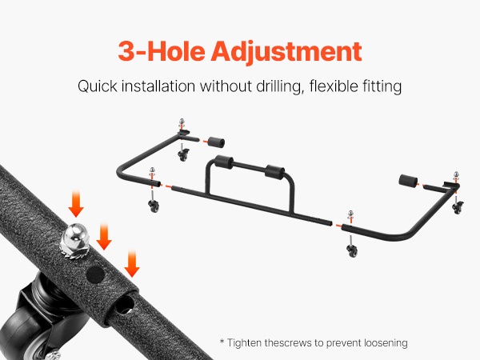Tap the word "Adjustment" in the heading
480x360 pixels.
[x=286, y=52]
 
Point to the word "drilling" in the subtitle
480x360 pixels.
[x=280, y=86]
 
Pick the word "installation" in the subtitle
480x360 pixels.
[x=158, y=86]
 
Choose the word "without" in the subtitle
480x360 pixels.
[x=226, y=86]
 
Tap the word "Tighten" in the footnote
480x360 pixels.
[x=244, y=343]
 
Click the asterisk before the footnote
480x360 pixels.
[x=222, y=341]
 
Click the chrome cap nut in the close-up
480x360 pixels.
[x=74, y=240]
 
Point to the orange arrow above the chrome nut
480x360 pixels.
[x=76, y=203]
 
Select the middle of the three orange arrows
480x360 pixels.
[x=104, y=236]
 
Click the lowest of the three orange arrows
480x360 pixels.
[x=132, y=263]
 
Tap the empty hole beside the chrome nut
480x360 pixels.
[x=95, y=274]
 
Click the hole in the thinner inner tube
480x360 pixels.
[x=125, y=304]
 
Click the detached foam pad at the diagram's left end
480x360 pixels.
[x=216, y=142]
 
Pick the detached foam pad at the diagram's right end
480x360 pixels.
[x=408, y=181]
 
